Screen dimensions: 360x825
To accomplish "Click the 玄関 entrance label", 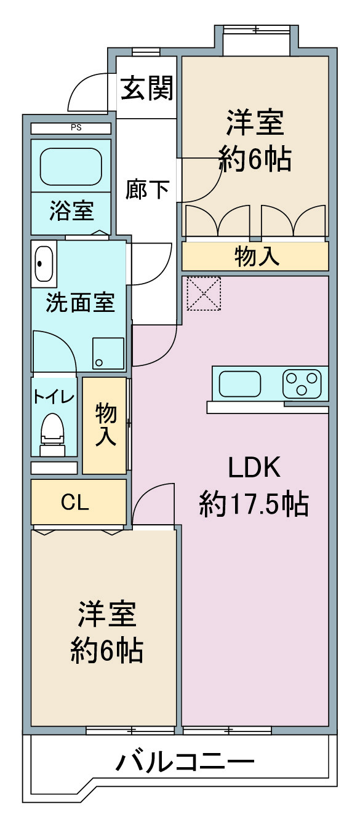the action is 147,88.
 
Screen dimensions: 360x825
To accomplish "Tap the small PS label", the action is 76,128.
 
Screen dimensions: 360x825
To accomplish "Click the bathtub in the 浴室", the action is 70,167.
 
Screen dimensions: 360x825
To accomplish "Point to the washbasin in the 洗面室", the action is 44,263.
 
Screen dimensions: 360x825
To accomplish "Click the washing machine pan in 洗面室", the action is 108,353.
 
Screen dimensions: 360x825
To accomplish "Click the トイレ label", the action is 54,397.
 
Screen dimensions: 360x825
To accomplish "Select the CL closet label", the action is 75,502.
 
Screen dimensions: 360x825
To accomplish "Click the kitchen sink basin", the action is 240,384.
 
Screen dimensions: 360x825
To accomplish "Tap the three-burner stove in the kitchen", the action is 302,383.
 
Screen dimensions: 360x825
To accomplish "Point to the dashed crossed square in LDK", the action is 204,293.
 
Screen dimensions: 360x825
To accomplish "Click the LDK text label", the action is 255,467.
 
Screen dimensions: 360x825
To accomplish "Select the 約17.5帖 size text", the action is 254,504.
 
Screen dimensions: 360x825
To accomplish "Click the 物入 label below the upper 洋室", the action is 257,257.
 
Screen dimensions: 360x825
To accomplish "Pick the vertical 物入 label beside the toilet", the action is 106,424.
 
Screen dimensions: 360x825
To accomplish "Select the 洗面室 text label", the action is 81,303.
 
